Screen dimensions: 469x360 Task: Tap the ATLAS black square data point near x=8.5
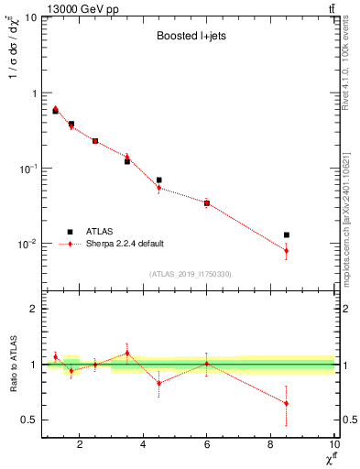[287, 235]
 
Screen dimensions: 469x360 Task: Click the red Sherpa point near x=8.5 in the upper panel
[287, 250]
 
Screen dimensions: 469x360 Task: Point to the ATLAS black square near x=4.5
[159, 180]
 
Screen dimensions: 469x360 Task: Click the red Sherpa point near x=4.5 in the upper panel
[159, 188]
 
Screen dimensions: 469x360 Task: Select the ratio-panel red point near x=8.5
[287, 403]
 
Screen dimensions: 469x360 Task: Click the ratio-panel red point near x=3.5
[127, 353]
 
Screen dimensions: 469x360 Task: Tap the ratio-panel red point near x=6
[207, 364]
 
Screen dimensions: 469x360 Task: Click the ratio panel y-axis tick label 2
[34, 309]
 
